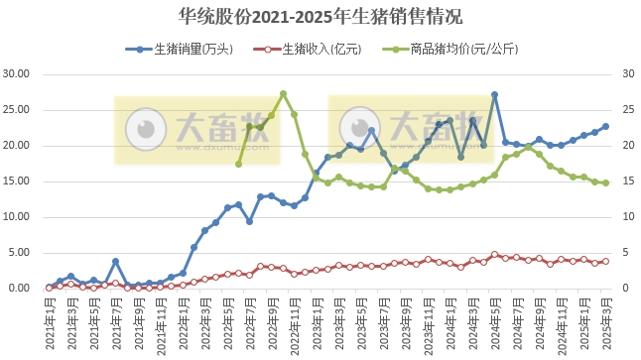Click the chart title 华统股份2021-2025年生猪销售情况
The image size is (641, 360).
point(320,17)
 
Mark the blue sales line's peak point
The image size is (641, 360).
point(494,95)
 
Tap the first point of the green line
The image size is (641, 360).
point(238,164)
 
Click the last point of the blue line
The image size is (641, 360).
point(605,126)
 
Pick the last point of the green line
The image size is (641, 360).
point(605,182)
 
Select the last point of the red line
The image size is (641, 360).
point(605,261)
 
